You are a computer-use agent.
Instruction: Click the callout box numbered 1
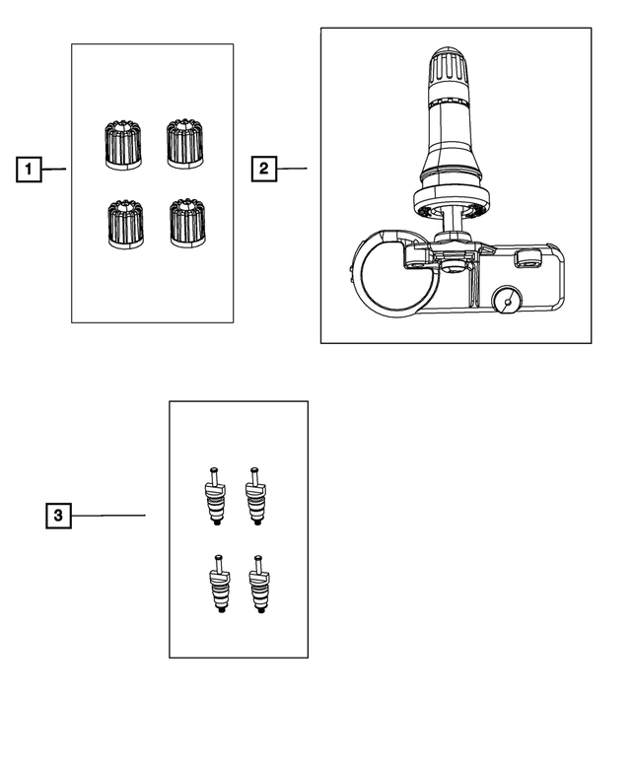click(29, 169)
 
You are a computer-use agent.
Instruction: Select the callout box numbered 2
click(263, 169)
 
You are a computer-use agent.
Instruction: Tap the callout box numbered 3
click(58, 516)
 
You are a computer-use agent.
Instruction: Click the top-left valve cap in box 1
click(123, 145)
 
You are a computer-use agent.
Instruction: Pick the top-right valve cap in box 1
click(185, 143)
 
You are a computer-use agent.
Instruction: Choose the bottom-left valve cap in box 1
click(125, 224)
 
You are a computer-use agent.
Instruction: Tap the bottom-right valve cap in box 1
click(187, 222)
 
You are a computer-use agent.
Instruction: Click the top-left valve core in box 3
click(215, 496)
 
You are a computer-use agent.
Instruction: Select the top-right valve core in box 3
click(255, 496)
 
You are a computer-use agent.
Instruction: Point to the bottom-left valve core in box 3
click(219, 584)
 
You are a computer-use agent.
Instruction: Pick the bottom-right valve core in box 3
click(259, 584)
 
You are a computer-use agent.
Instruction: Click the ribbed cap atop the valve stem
click(450, 66)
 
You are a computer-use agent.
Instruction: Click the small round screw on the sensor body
click(507, 301)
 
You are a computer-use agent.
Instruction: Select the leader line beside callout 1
click(53, 169)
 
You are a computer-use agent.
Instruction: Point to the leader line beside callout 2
click(292, 169)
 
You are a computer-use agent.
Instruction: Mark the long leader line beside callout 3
click(108, 516)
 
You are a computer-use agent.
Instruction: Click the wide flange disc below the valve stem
click(452, 198)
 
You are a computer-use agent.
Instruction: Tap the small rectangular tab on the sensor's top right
click(527, 258)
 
